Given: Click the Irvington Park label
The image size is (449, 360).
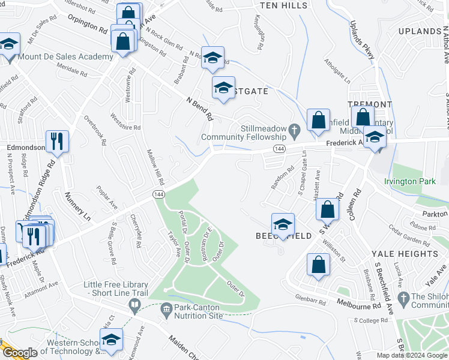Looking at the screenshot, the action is pyautogui.click(x=410, y=181).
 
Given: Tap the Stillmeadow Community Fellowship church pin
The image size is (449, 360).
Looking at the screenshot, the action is pyautogui.click(x=294, y=129).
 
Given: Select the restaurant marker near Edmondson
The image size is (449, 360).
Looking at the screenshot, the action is pyautogui.click(x=57, y=142).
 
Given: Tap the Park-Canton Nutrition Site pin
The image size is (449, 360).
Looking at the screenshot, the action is pyautogui.click(x=166, y=308).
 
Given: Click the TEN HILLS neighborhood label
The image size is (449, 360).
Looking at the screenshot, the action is pyautogui.click(x=283, y=5).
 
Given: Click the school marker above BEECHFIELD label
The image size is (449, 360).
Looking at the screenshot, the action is pyautogui.click(x=283, y=224).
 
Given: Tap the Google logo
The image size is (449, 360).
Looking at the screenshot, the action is pyautogui.click(x=20, y=353).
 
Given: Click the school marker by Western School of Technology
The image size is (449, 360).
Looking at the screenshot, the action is pyautogui.click(x=111, y=340).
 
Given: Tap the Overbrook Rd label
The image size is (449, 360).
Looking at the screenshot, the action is pyautogui.click(x=95, y=131).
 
